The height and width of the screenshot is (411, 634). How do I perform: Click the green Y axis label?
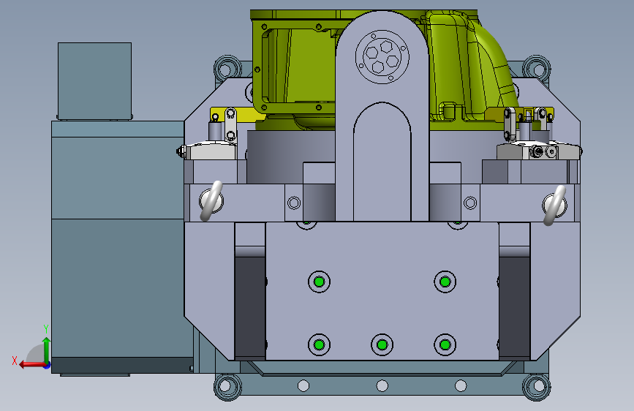(x=46, y=328)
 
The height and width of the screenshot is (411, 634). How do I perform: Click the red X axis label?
(x=15, y=361)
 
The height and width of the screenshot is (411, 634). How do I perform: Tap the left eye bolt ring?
(x=211, y=200)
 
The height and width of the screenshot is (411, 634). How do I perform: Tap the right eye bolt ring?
(x=554, y=205)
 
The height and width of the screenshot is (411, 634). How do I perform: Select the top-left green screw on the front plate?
(x=319, y=282)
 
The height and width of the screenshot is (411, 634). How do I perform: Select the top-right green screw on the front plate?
(x=445, y=282)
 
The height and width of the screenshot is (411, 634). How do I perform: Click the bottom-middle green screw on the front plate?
(x=382, y=344)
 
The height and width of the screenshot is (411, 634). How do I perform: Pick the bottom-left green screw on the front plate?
(x=319, y=344)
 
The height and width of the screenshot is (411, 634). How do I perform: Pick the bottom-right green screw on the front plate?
(x=445, y=344)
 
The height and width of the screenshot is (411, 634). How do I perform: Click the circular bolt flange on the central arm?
(x=382, y=57)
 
